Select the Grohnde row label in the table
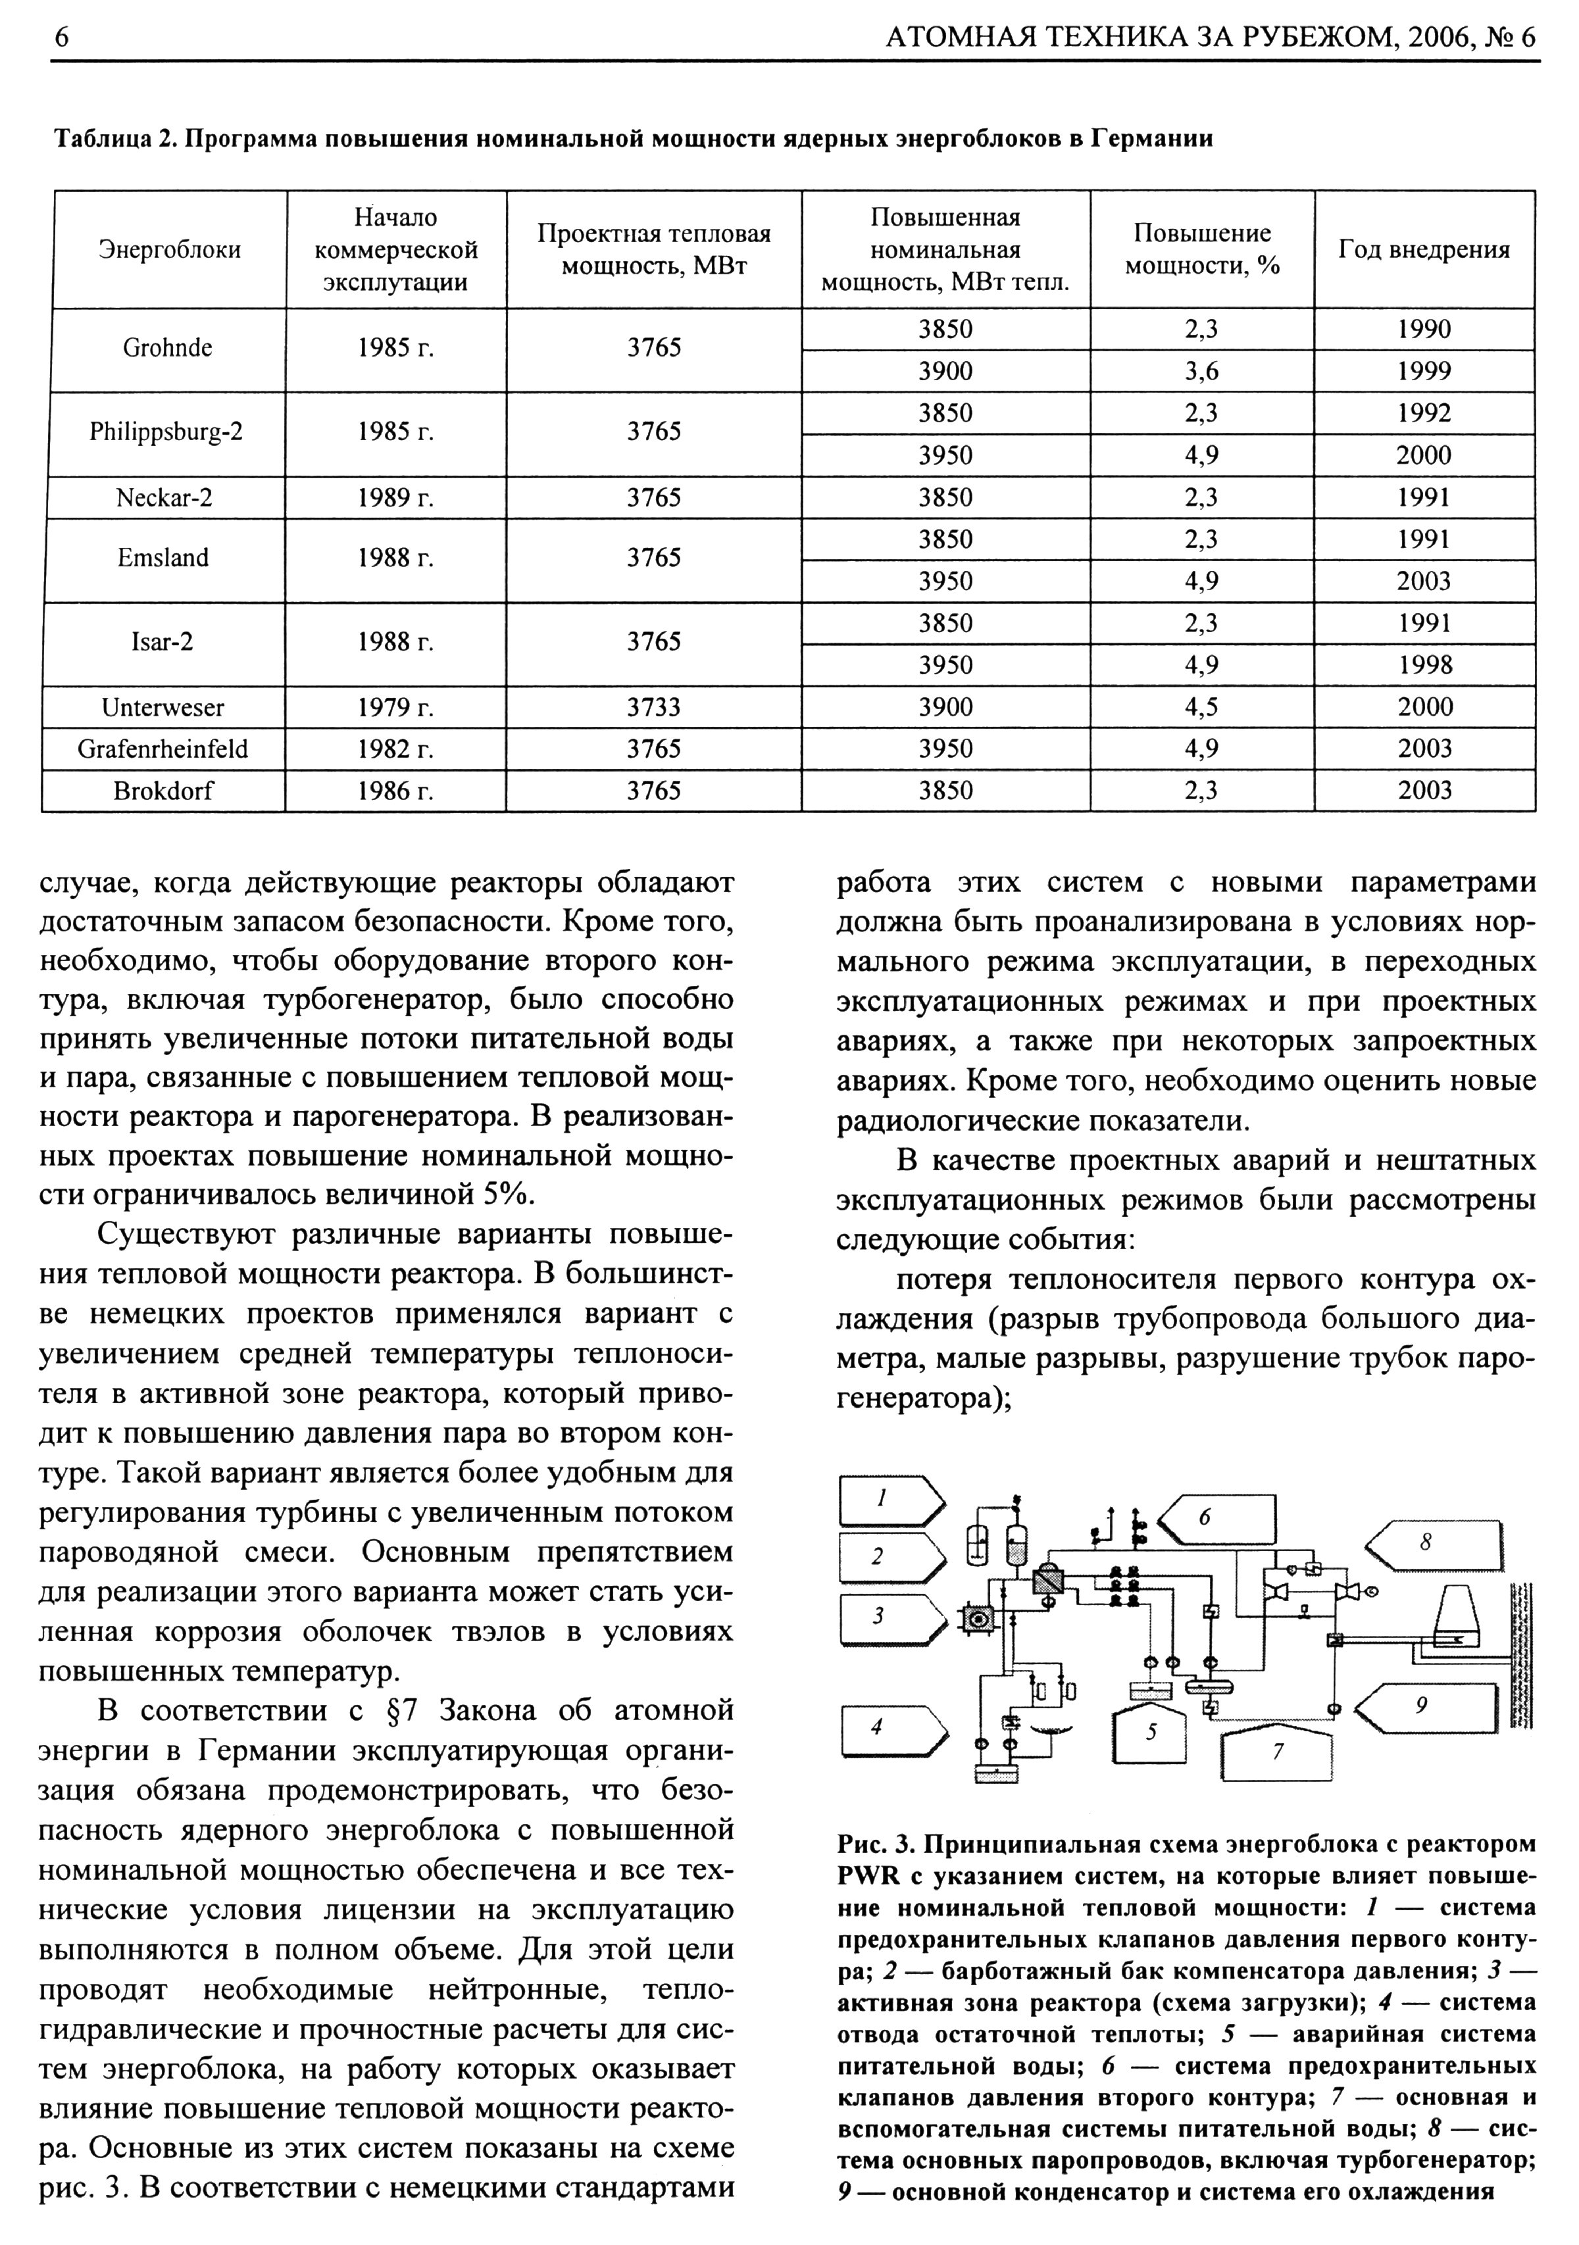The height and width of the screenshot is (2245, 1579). coord(167,348)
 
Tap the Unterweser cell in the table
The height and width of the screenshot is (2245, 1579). coord(163,707)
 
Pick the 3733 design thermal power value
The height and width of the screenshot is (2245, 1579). coord(654,707)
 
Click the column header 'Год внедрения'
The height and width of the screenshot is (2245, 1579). coord(1424,249)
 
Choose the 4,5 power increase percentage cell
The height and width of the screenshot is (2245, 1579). coord(1201,707)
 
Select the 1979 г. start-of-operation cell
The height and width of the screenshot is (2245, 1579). coord(395,707)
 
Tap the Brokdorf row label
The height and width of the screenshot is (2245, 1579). coord(163,790)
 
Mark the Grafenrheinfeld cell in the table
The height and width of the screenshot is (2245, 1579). coord(163,749)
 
